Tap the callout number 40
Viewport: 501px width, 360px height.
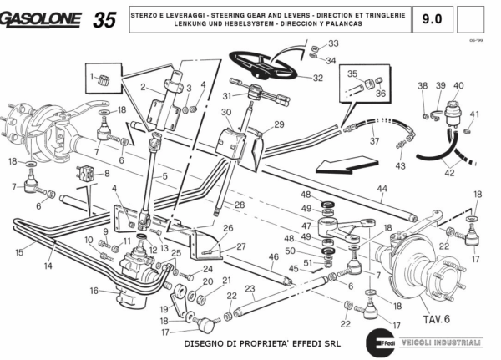click(x=458, y=85)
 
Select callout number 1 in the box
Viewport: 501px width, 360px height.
click(x=93, y=77)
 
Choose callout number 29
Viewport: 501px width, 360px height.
click(x=279, y=124)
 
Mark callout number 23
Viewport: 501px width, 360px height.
click(x=250, y=290)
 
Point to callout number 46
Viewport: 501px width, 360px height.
click(x=273, y=257)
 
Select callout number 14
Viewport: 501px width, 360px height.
click(x=48, y=266)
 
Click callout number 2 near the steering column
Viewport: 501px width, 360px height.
click(x=144, y=87)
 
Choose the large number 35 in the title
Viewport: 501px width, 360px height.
click(x=105, y=19)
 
